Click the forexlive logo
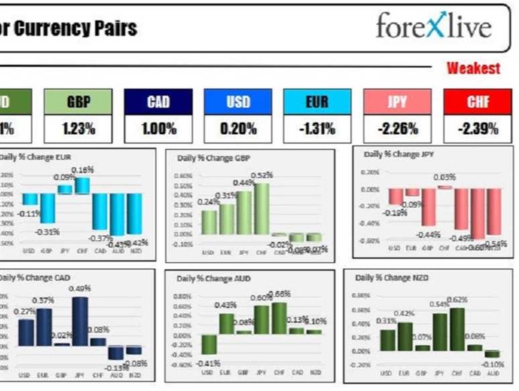pos(433,27)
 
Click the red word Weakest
pos(473,68)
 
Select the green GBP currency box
pos(78,102)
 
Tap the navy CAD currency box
pos(158,102)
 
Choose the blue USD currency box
pos(238,102)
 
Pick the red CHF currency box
pos(478,102)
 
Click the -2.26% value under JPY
pos(398,129)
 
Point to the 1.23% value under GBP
pos(78,129)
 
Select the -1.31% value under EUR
pos(317,129)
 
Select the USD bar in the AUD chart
pos(209,344)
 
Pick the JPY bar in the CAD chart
pos(80,321)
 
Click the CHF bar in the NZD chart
pos(457,329)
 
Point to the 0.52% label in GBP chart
pos(263,175)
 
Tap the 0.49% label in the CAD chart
pos(80,289)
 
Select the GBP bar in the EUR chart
pos(47,208)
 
